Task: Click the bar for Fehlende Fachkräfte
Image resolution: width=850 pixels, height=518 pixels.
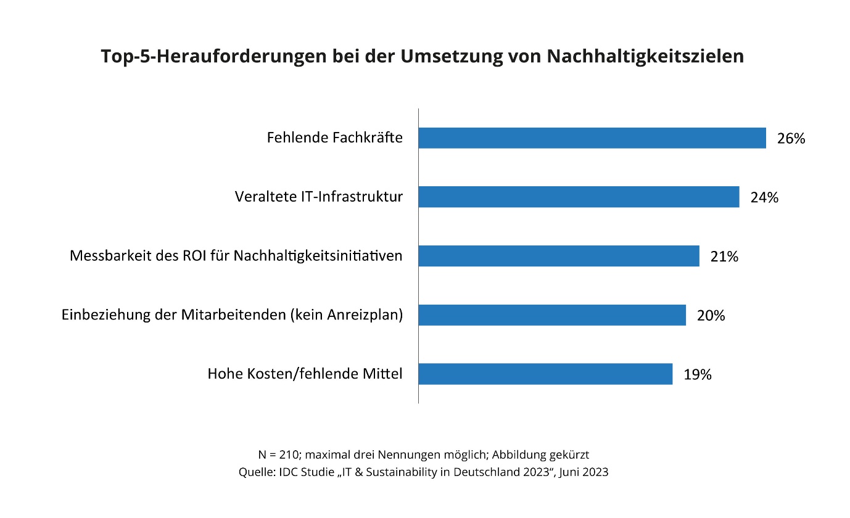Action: point(592,138)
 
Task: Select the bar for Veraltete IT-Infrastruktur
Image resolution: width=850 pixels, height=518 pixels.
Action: point(579,197)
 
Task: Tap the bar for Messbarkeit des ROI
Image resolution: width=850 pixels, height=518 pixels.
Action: point(559,256)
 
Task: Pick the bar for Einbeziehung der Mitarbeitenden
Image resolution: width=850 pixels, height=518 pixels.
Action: point(552,315)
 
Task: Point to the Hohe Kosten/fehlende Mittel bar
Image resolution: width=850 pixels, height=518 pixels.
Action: point(545,374)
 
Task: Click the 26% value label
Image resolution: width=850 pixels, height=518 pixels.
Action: point(791,139)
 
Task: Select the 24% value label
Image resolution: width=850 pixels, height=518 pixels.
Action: point(764,198)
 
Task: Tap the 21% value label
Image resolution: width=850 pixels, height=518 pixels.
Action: point(724,257)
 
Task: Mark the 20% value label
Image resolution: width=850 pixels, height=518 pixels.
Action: point(711,316)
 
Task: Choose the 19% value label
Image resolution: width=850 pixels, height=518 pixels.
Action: point(697,374)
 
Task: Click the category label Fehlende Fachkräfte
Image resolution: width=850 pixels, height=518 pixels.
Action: point(334,138)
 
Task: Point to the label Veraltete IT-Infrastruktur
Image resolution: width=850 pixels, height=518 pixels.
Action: point(318,197)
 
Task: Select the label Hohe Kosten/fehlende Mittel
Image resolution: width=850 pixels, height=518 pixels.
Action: point(305,374)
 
